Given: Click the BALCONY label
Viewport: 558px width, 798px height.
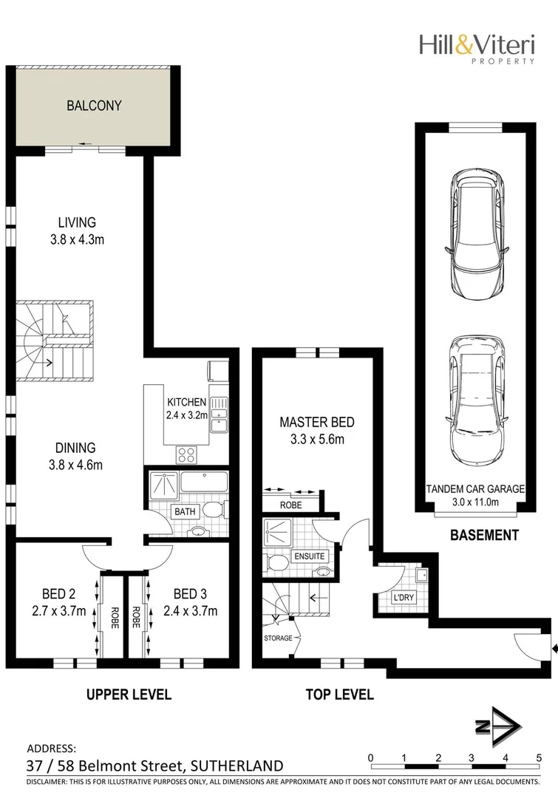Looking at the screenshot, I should pos(94,106).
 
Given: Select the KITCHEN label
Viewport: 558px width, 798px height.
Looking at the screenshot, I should pos(186,401).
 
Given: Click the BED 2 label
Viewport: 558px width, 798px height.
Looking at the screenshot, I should pos(58,594).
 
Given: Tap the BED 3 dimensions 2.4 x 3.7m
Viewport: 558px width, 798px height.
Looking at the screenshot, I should pos(190,611).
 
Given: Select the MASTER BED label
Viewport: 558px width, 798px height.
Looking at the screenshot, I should pos(316,423).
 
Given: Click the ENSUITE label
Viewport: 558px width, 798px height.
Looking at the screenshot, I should pos(309,555).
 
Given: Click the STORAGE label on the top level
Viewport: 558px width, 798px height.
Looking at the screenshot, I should pos(278,638).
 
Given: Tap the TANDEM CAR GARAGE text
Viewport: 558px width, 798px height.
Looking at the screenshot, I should pos(475,488).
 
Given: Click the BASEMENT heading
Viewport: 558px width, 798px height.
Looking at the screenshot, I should pos(484,536).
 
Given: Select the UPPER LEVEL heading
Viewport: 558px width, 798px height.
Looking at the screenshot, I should pos(129,695).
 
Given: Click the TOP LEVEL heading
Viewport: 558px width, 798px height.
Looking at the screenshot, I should pos(340,695).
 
